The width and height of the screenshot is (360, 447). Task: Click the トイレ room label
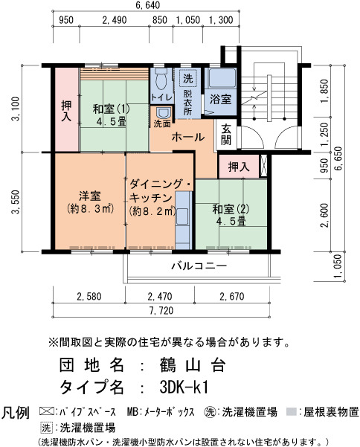pyautogui.click(x=161, y=97)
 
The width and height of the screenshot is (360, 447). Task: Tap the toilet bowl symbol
pyautogui.click(x=161, y=78)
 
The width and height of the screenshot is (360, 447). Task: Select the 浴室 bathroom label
pyautogui.click(x=220, y=99)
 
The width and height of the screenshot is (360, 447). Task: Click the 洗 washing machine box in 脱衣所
pyautogui.click(x=188, y=78)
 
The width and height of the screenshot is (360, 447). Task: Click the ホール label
pyautogui.click(x=188, y=137)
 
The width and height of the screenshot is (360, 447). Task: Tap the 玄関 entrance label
pyautogui.click(x=226, y=135)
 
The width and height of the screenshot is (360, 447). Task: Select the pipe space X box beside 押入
pyautogui.click(x=264, y=166)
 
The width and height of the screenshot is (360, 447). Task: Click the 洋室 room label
pyautogui.click(x=90, y=196)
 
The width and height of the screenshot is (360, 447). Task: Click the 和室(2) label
pyautogui.click(x=231, y=210)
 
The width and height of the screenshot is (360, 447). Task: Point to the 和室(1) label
pyautogui.click(x=112, y=109)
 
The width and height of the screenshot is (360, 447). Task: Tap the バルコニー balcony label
pyautogui.click(x=199, y=266)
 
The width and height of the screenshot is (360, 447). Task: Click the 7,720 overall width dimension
pyautogui.click(x=161, y=310)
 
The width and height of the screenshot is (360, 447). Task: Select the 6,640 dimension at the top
pyautogui.click(x=148, y=5)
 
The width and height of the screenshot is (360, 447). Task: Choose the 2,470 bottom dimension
pyautogui.click(x=160, y=297)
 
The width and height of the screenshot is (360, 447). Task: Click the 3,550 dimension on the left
pyautogui.click(x=16, y=202)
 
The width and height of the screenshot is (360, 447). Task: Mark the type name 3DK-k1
pyautogui.click(x=184, y=387)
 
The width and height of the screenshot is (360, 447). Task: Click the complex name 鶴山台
pyautogui.click(x=193, y=365)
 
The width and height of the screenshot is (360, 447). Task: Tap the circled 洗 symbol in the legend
pyautogui.click(x=210, y=411)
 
